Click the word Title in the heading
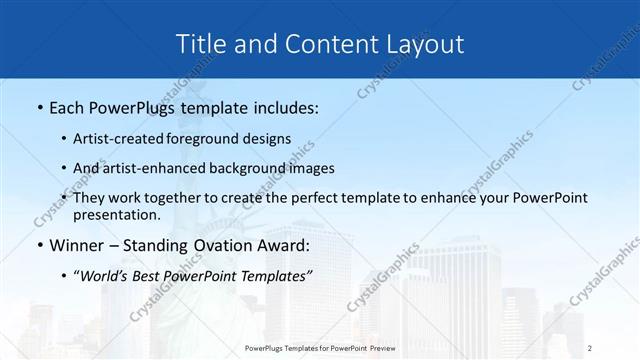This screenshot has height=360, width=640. pos(199,44)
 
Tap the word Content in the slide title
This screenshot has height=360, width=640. pos(314,44)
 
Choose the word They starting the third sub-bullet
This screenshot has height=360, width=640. pos(89,198)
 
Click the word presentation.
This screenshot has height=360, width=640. pos(116,214)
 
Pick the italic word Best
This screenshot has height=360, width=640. pos(150,275)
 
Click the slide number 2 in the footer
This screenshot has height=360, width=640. pos(590,347)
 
